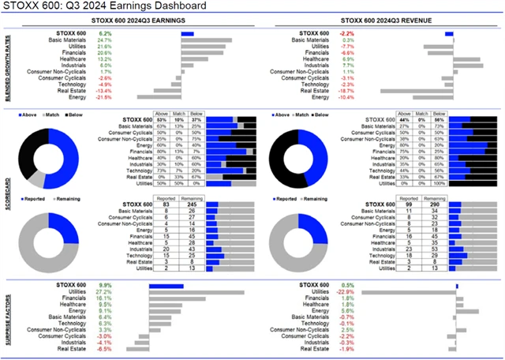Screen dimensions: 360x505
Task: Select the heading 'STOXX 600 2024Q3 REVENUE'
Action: coord(383,20)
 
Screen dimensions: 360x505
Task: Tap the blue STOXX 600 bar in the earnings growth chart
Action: coord(187,34)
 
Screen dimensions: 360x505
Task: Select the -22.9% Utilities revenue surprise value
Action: coord(348,291)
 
